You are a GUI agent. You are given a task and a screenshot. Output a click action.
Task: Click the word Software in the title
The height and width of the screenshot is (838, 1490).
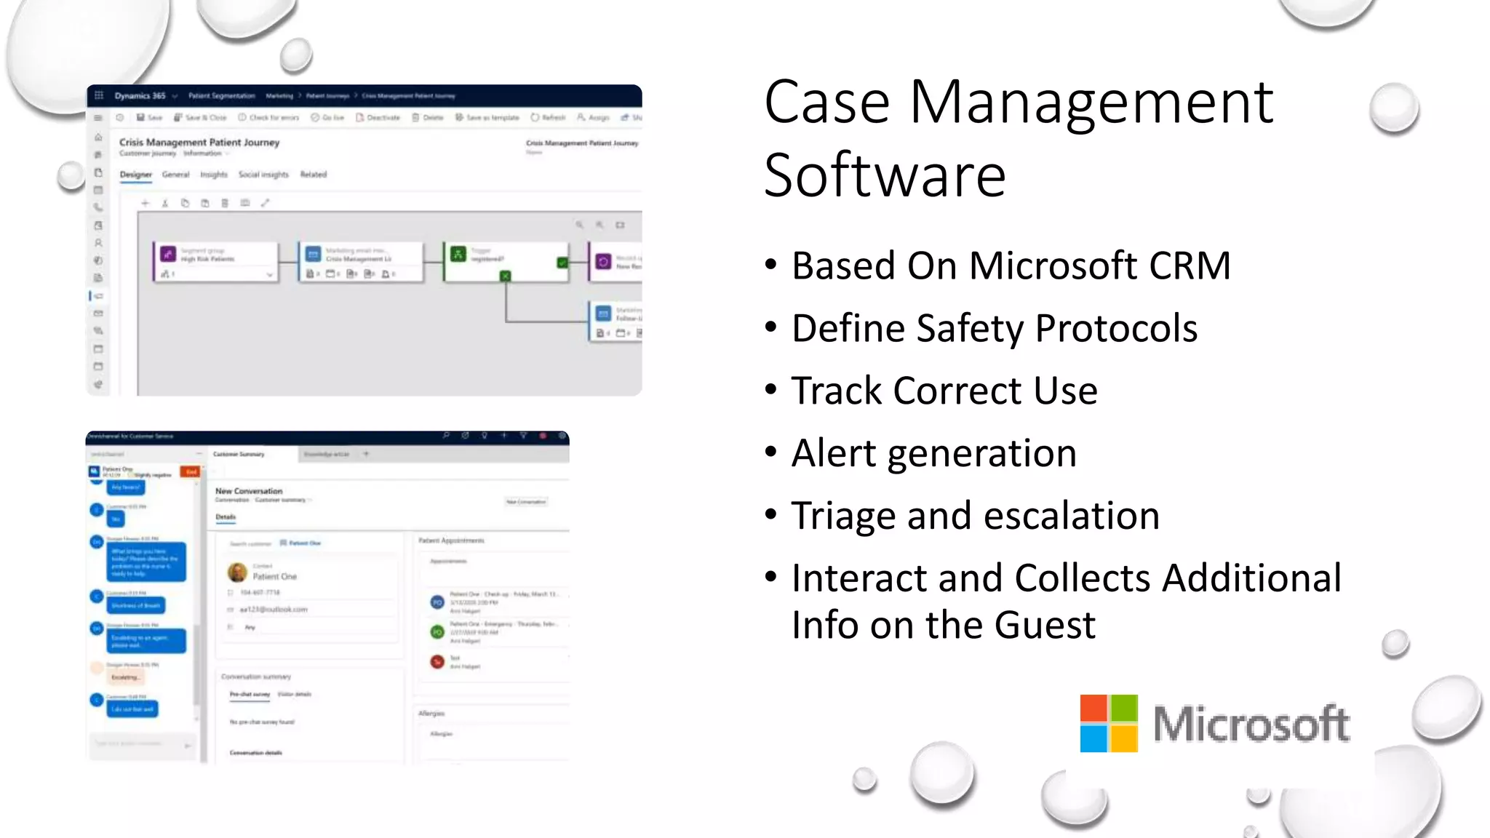pyautogui.click(x=885, y=176)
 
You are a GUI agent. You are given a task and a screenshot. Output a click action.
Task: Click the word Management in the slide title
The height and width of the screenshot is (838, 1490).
pyautogui.click(x=1091, y=103)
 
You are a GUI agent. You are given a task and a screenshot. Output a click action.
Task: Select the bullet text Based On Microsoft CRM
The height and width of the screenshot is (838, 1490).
pyautogui.click(x=1011, y=266)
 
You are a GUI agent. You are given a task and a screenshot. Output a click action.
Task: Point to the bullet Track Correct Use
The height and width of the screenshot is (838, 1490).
pyautogui.click(x=944, y=391)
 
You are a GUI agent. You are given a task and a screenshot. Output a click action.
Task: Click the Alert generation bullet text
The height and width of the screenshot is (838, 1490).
pyautogui.click(x=933, y=454)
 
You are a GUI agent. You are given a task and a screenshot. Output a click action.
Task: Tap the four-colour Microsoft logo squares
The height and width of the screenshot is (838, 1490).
pyautogui.click(x=1108, y=723)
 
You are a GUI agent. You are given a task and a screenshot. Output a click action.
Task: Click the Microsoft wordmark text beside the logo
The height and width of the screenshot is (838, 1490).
pyautogui.click(x=1251, y=725)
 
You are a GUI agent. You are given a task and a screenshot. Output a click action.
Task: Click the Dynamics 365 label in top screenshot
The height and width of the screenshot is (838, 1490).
pyautogui.click(x=140, y=96)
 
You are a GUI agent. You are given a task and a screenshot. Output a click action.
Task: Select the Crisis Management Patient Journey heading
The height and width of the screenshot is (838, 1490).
pyautogui.click(x=199, y=143)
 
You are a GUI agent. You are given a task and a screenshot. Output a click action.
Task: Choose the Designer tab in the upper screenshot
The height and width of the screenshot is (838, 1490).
pyautogui.click(x=136, y=175)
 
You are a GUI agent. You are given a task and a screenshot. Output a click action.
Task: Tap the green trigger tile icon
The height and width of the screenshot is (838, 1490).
pyautogui.click(x=458, y=254)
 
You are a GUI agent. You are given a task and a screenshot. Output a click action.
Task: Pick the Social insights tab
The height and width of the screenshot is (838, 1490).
pyautogui.click(x=263, y=175)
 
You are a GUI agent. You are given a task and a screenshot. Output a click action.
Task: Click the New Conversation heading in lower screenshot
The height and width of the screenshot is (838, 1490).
pyautogui.click(x=249, y=491)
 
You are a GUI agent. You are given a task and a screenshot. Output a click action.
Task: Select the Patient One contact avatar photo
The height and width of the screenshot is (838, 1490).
pyautogui.click(x=237, y=572)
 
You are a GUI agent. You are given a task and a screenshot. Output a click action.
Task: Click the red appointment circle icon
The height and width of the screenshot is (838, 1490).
pyautogui.click(x=437, y=661)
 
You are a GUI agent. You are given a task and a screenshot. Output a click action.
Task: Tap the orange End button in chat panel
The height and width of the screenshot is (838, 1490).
pyautogui.click(x=191, y=472)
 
